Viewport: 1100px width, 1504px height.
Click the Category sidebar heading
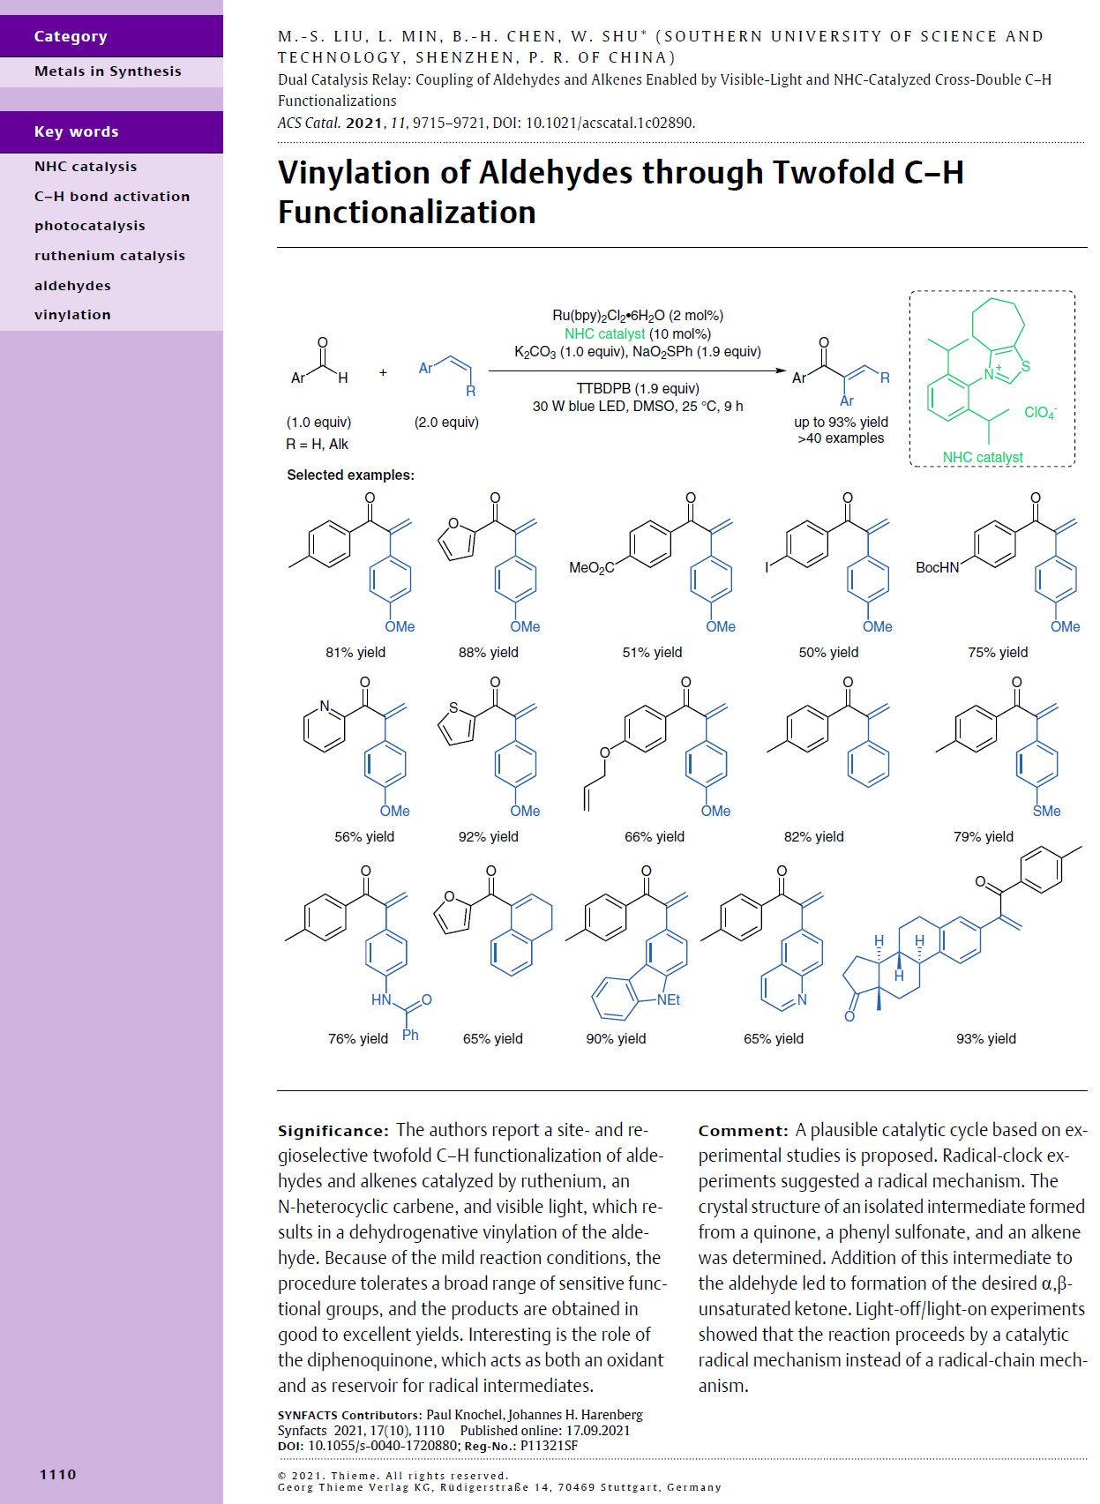point(71,36)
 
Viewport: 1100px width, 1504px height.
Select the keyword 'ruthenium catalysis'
point(109,256)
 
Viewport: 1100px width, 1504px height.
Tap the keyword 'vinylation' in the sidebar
point(72,315)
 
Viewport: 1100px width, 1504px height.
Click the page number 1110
point(58,1474)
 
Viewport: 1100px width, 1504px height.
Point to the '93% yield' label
point(985,1038)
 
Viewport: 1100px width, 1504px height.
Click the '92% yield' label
point(488,836)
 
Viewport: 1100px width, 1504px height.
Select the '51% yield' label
point(652,652)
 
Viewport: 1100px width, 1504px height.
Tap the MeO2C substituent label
point(591,568)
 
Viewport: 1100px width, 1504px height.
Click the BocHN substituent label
point(937,568)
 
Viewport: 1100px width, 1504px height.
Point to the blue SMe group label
point(1046,811)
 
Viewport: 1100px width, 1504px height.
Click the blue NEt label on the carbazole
point(669,999)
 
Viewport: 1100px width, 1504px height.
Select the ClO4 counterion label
point(1039,412)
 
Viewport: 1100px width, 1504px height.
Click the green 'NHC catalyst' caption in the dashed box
point(983,457)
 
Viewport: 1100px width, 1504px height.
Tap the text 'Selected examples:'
point(350,475)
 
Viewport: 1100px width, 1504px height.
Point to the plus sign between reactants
point(383,372)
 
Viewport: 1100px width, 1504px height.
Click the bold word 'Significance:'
point(333,1131)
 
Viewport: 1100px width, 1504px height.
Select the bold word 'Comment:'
point(743,1131)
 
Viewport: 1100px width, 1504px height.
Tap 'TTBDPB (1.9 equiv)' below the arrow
point(637,388)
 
